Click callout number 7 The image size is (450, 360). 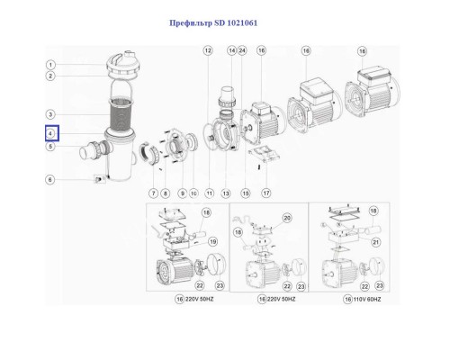155,193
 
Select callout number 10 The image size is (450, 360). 193,193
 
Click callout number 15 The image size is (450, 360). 246,193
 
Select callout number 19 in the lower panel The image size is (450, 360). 213,241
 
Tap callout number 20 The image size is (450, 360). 288,219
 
